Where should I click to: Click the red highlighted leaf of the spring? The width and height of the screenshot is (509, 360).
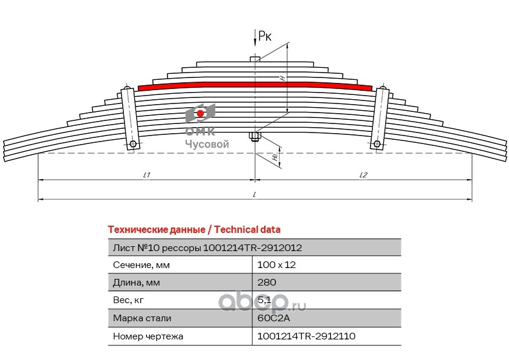(255, 85)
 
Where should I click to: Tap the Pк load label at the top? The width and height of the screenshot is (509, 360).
(265, 36)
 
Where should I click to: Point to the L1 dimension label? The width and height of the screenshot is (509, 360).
(147, 175)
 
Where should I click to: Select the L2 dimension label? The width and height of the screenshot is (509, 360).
(363, 175)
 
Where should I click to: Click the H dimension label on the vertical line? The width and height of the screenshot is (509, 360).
(283, 77)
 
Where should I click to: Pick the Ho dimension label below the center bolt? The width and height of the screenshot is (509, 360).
(275, 157)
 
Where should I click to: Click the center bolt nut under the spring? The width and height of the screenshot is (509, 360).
(255, 136)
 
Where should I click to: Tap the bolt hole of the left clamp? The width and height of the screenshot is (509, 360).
(132, 144)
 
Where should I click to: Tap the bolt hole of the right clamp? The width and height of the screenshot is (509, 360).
(377, 143)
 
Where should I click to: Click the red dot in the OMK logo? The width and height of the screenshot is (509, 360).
(200, 113)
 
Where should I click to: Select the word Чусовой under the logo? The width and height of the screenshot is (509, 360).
(207, 144)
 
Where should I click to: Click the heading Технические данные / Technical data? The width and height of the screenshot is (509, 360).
(194, 229)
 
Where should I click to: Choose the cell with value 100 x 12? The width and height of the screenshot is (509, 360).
(277, 265)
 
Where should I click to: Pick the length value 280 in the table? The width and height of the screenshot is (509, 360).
(267, 283)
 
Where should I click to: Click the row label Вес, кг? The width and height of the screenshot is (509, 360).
(128, 300)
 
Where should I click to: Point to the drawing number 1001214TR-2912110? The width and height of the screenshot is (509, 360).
(306, 336)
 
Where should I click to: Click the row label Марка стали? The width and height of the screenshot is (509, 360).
(142, 318)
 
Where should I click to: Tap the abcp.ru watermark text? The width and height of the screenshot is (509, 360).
(262, 303)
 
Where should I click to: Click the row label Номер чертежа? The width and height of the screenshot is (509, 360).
(148, 336)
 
